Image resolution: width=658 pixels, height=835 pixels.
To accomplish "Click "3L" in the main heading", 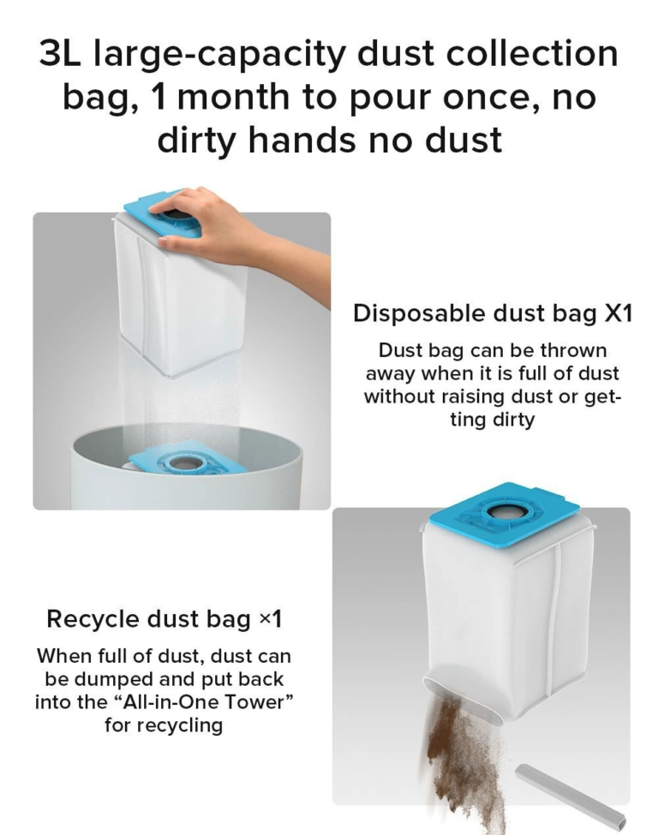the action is point(60,54).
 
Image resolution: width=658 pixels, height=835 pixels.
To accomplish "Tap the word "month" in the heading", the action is point(234,97).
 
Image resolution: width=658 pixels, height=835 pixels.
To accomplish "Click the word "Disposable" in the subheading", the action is point(418,313).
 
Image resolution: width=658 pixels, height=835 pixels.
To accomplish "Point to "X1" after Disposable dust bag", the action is point(618,313).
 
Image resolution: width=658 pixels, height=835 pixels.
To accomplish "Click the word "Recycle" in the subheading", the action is point(93,619).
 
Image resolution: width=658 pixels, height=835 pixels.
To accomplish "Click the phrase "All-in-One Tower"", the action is point(203,702).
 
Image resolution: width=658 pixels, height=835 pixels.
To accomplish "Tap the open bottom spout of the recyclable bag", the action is point(464,698).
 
